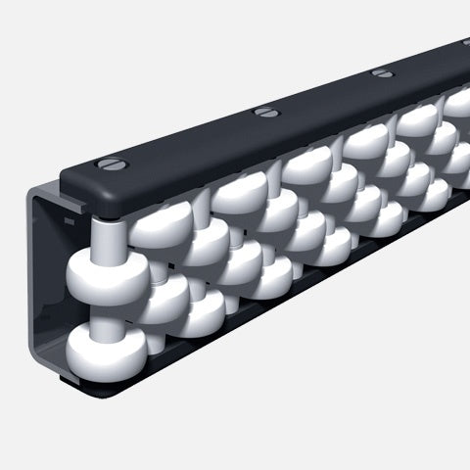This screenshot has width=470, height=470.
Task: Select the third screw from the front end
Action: (x=384, y=73)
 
